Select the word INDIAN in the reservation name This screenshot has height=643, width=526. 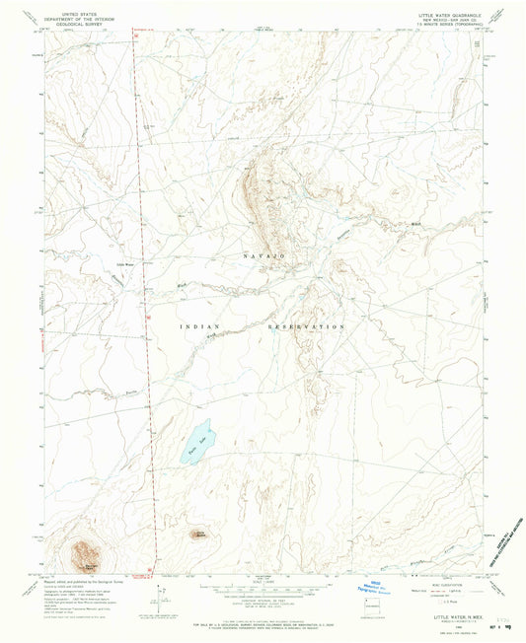point(197,325)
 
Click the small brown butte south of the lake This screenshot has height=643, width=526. point(198,535)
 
